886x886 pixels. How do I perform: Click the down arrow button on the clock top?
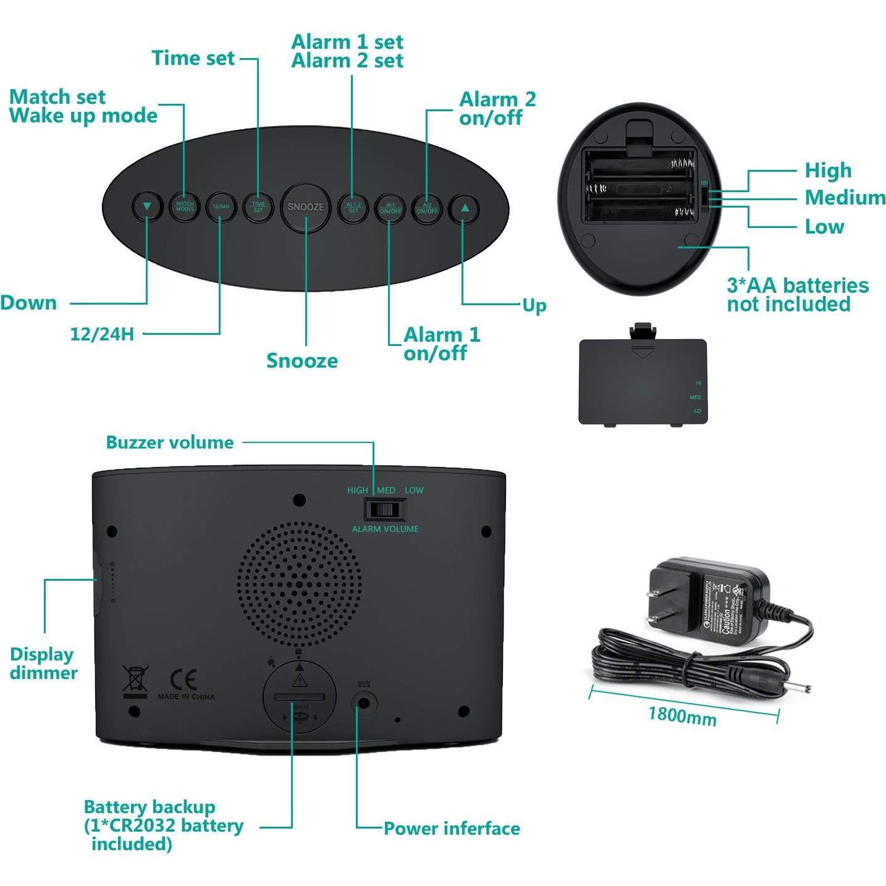tap(147, 207)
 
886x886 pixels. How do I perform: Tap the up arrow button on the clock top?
tap(464, 208)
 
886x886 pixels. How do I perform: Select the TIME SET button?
tap(258, 207)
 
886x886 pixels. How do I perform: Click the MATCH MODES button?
tap(185, 206)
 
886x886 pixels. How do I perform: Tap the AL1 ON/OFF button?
tap(390, 208)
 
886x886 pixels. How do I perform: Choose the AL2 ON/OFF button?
tap(427, 208)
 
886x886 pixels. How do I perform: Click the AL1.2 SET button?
tap(353, 208)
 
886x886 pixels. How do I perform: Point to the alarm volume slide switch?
tap(384, 510)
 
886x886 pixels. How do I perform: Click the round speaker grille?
tap(300, 584)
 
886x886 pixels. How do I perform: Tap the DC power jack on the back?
tap(364, 702)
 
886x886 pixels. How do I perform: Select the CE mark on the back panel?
tap(183, 680)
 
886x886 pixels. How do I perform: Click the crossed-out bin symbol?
tap(135, 679)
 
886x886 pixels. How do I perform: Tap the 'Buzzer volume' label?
tap(170, 442)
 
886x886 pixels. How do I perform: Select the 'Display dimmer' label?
tap(43, 664)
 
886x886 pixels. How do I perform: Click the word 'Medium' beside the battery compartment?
tap(845, 198)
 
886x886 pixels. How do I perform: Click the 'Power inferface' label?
tap(452, 829)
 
